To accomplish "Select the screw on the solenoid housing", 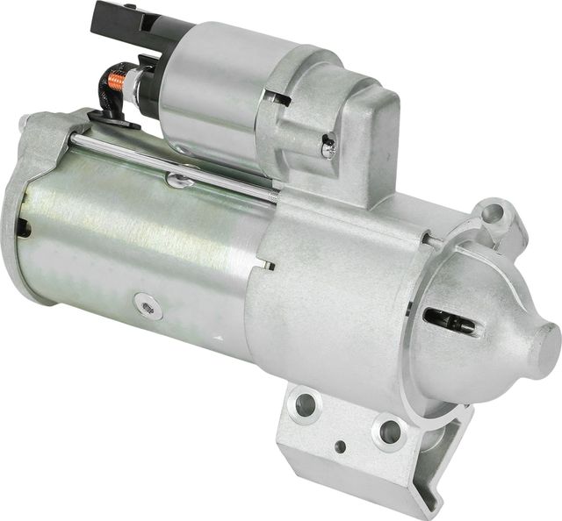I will (328, 148).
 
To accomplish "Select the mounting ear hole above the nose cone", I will (495, 214).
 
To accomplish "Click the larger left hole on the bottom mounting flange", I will (306, 404).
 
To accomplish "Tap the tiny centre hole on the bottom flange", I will (340, 446).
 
